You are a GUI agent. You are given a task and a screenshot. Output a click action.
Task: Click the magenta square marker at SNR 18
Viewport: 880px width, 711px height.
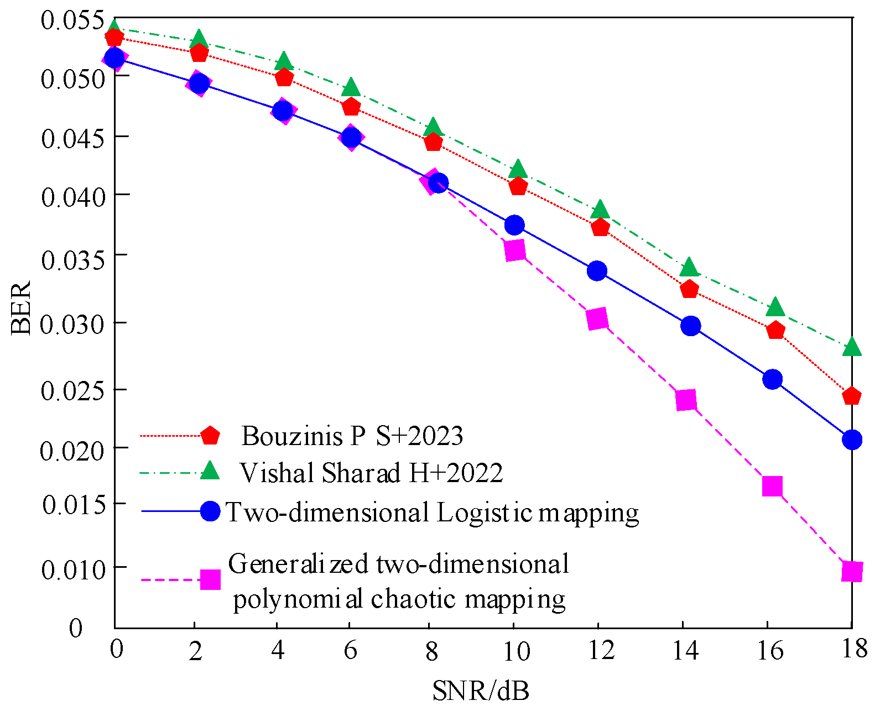(x=852, y=571)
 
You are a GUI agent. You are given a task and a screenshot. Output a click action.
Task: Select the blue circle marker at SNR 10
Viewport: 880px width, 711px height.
(x=514, y=225)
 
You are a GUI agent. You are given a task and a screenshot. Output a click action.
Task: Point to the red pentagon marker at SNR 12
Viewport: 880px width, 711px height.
(x=600, y=227)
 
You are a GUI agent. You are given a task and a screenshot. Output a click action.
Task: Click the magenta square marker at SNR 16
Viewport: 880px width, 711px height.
(x=772, y=487)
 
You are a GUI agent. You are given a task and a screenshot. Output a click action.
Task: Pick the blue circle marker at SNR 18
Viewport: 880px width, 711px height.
(x=852, y=440)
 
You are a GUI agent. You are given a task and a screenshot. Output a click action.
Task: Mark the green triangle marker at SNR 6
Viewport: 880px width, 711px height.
(x=351, y=88)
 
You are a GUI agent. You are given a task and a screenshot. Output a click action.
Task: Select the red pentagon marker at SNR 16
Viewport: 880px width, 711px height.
(x=775, y=331)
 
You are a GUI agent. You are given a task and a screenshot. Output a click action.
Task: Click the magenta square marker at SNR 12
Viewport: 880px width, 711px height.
(x=597, y=319)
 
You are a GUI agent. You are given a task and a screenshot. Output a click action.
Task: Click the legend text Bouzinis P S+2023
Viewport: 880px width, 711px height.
(x=352, y=436)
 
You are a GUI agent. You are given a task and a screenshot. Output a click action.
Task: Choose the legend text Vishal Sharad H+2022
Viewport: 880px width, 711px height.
(x=371, y=473)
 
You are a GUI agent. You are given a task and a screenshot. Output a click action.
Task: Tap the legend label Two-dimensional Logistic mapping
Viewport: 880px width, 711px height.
(x=433, y=513)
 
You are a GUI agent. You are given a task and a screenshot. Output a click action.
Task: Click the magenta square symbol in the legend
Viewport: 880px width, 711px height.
(x=210, y=579)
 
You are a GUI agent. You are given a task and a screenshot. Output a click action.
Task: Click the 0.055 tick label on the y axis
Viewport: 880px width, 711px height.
(x=72, y=20)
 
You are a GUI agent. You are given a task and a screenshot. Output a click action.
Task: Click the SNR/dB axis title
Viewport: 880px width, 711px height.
(x=480, y=691)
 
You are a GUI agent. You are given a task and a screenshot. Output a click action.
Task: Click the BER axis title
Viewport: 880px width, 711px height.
(x=21, y=309)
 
